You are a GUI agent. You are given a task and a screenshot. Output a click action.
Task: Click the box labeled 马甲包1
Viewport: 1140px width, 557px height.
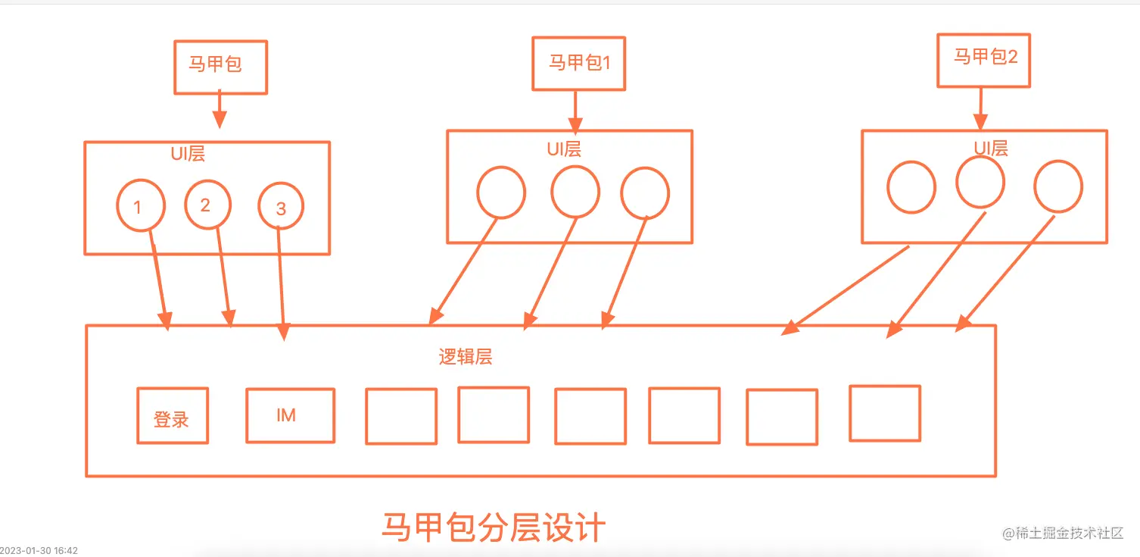point(579,63)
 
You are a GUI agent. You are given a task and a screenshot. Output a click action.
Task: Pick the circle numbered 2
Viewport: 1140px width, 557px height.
point(207,205)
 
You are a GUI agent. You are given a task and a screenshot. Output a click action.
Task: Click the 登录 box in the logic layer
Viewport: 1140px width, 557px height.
point(172,415)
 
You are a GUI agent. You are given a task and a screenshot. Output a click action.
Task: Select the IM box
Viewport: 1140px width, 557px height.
point(290,415)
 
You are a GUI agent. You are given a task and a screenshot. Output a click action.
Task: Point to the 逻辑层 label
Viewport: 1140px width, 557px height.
point(465,357)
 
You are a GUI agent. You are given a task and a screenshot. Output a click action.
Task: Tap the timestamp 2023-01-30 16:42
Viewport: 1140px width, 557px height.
point(39,550)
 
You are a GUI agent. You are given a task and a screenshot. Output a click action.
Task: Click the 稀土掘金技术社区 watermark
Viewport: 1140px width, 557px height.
point(1063,534)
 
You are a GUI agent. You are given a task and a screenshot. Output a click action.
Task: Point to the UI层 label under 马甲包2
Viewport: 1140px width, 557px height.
point(990,149)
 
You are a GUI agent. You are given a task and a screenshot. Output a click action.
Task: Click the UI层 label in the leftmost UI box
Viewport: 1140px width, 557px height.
point(188,154)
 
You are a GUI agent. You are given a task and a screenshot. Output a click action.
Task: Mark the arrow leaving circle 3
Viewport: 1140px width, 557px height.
point(282,280)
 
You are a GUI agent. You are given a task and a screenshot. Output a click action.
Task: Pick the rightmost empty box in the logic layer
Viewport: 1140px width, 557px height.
point(884,413)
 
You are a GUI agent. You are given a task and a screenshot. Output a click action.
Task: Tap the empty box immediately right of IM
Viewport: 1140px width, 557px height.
point(400,416)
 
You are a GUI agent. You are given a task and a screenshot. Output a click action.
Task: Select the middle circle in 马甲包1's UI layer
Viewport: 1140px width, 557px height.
point(575,192)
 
